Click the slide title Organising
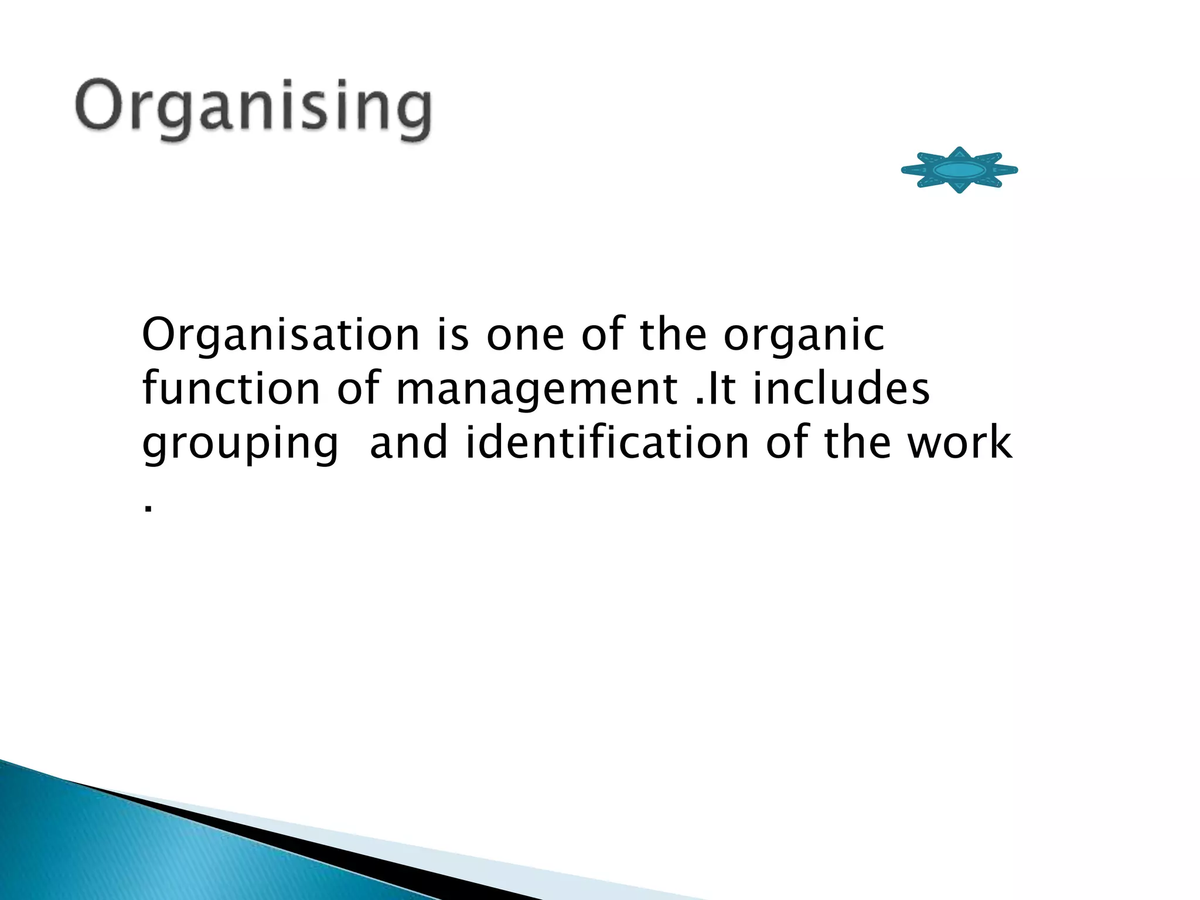(253, 108)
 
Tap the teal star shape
(959, 170)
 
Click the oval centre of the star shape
(959, 170)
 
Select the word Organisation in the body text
(281, 335)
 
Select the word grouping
(240, 444)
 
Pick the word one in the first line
(525, 336)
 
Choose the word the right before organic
(673, 335)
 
